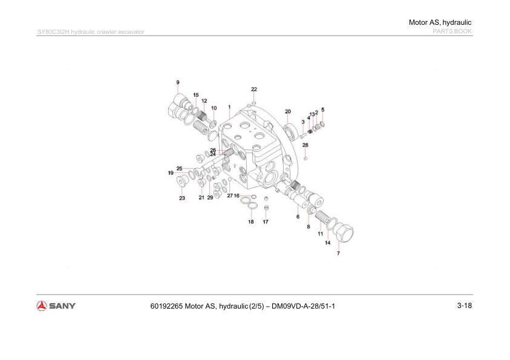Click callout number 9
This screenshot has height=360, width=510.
(x=178, y=82)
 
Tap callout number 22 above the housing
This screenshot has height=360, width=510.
(x=254, y=90)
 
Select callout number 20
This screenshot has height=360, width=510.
(x=288, y=111)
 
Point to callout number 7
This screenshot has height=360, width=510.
(x=338, y=253)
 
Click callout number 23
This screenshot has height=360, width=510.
(x=181, y=198)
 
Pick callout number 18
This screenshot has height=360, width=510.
(x=250, y=222)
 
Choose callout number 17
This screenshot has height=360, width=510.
(x=266, y=222)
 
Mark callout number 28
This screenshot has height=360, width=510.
(x=306, y=145)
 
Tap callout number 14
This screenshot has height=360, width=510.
(x=327, y=243)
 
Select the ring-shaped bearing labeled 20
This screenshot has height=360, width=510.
(x=291, y=129)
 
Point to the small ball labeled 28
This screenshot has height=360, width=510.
(x=306, y=159)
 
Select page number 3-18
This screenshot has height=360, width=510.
(x=464, y=306)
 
